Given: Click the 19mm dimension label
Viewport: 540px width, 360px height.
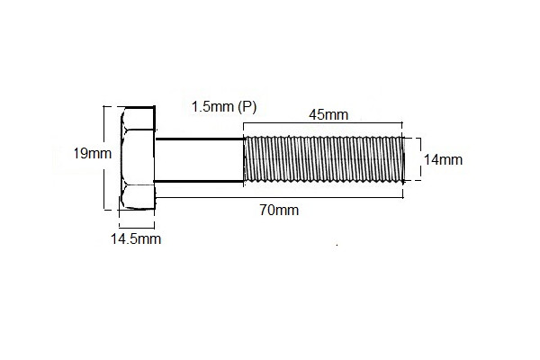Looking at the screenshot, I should [x=93, y=153].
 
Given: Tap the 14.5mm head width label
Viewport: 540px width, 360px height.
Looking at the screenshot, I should [x=135, y=238].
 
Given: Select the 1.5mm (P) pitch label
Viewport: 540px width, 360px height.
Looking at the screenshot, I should [x=224, y=106].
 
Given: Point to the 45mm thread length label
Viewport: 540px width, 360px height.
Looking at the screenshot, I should [x=328, y=115].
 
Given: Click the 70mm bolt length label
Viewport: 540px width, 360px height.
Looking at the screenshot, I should [x=280, y=211].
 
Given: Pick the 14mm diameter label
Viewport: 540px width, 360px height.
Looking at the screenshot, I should [x=443, y=159].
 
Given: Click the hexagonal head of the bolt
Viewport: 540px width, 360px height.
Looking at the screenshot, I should [x=138, y=158].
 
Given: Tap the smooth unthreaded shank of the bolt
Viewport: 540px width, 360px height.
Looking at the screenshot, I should [x=200, y=160].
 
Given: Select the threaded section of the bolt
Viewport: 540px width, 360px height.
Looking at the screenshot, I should [x=324, y=159].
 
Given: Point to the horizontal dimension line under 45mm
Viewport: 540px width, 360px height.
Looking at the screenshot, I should [x=324, y=125].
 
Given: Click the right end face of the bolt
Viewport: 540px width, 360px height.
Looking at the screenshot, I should [x=402, y=159].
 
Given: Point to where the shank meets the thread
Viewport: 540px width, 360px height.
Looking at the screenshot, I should [x=245, y=160].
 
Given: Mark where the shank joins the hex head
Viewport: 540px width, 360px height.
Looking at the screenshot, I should [x=157, y=160].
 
